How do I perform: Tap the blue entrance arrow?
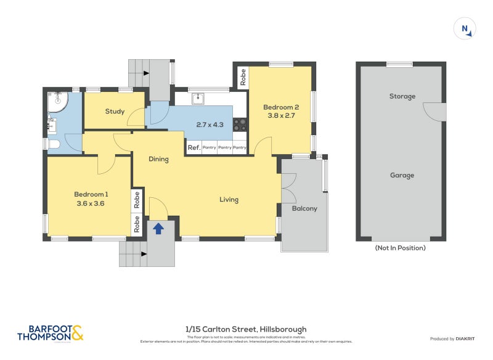[158, 228]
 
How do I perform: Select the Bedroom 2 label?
[282, 110]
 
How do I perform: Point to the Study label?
[115, 112]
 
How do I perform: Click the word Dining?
[159, 159]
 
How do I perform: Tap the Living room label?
[229, 200]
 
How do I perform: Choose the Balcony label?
[304, 208]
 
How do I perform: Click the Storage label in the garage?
[402, 96]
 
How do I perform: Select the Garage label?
[402, 175]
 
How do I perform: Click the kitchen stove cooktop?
[240, 125]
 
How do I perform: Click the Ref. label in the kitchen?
[194, 147]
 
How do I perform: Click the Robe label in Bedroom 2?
[243, 77]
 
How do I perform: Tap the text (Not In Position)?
[400, 248]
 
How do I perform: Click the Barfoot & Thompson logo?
[50, 333]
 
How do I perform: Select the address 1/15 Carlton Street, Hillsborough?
[246, 329]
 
